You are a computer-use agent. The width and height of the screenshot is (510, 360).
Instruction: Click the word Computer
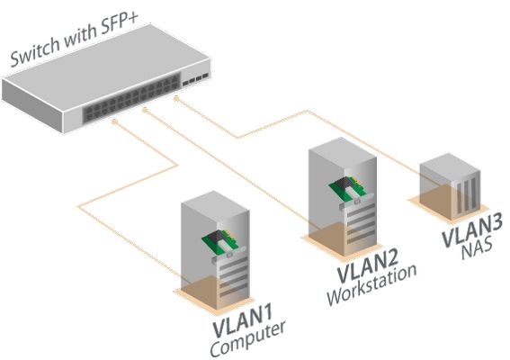(x=248, y=338)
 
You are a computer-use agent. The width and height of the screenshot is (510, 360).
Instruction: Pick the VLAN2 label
(x=368, y=265)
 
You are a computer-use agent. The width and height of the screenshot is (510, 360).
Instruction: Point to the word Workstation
(x=371, y=284)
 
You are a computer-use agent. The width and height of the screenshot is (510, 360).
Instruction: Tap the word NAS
(x=477, y=249)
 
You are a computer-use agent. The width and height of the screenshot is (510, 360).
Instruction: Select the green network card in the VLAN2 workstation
(x=349, y=190)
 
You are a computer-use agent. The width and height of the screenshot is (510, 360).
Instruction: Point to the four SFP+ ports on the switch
(x=195, y=80)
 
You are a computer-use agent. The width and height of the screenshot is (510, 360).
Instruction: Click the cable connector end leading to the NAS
(x=176, y=98)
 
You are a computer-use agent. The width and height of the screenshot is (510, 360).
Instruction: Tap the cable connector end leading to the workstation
(x=146, y=111)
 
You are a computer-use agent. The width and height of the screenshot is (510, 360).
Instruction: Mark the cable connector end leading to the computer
(x=114, y=121)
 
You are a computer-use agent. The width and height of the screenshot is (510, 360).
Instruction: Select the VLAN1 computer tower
(x=215, y=250)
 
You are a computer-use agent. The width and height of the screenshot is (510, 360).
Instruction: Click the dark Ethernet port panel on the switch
(x=131, y=99)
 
